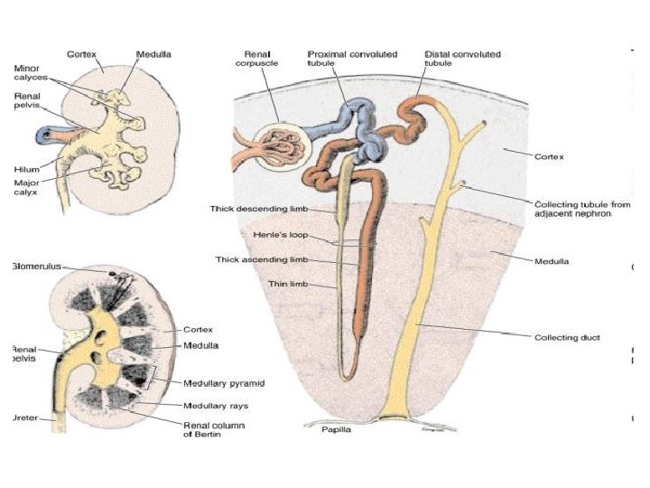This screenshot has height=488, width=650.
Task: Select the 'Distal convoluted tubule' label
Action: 462,59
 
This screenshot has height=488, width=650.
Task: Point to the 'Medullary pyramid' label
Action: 224,384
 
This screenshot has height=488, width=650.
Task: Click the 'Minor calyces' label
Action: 32,72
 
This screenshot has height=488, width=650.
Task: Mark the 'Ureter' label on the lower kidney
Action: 26,418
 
